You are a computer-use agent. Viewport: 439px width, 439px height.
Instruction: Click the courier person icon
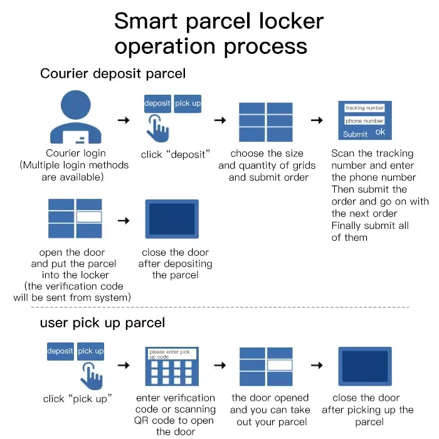click(75, 118)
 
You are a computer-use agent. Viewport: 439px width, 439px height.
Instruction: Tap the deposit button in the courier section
click(157, 103)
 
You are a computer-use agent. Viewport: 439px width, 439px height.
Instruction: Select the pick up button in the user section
click(90, 351)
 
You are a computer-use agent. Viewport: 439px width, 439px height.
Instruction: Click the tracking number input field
click(364, 108)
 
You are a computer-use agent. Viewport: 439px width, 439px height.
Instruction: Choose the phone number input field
click(364, 121)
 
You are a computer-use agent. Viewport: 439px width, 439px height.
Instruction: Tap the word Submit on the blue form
click(355, 134)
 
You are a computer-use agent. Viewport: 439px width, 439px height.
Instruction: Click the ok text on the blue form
click(380, 132)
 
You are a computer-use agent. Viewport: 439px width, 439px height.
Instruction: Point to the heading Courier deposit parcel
click(113, 73)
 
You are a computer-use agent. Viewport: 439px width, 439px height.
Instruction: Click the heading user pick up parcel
click(102, 324)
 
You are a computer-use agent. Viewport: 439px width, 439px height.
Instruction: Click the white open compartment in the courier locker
click(88, 217)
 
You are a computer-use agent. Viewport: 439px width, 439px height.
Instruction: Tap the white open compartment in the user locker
click(280, 365)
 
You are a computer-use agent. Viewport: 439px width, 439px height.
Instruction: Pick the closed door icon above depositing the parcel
click(172, 218)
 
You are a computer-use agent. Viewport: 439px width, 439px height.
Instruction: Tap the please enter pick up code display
click(172, 354)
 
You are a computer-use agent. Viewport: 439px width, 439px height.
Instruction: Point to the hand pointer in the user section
click(92, 374)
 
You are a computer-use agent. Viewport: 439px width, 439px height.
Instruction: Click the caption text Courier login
click(75, 153)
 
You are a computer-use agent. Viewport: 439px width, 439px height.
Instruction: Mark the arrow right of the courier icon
click(124, 120)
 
